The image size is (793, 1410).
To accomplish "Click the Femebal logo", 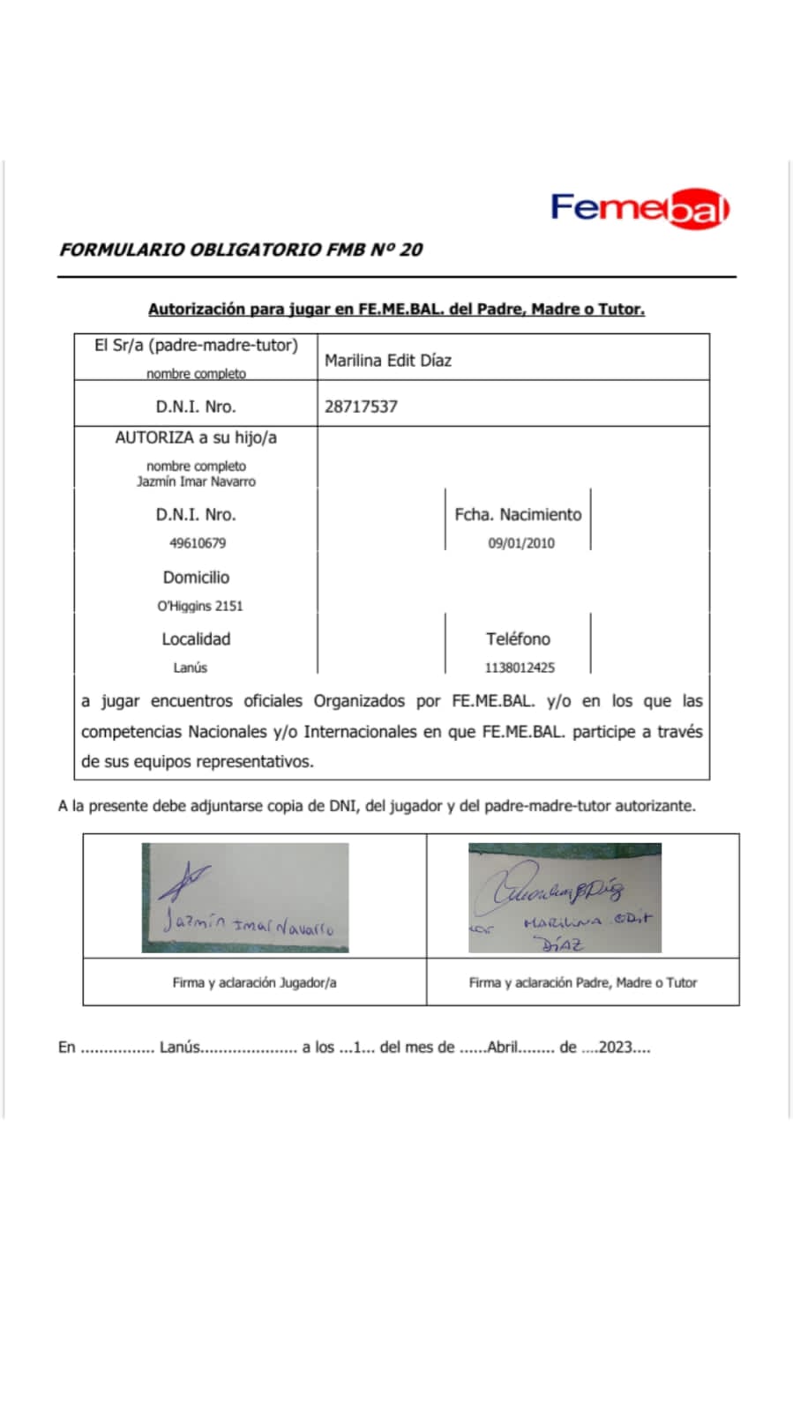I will (x=640, y=209).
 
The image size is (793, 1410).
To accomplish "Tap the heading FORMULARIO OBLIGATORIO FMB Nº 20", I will (x=241, y=250).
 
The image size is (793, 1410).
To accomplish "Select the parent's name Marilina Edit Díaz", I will (x=388, y=360).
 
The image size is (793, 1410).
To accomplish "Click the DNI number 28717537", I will (x=361, y=407).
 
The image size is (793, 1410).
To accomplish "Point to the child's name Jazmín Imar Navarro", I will (x=196, y=481).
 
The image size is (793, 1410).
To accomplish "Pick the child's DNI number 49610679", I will (x=198, y=543).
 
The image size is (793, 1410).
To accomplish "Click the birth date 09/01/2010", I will (x=521, y=543).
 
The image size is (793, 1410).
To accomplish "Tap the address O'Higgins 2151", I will (x=200, y=606).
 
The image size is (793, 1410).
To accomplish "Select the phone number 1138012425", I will (x=520, y=668).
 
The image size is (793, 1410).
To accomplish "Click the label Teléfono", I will (x=518, y=638).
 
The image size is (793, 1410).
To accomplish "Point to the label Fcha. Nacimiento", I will (x=518, y=514).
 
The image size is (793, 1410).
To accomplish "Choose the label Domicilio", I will (x=196, y=577).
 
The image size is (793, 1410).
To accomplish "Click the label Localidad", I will (x=196, y=638).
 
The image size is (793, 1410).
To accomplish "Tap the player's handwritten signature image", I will (x=245, y=898).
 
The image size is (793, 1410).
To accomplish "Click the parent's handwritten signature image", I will (x=565, y=898).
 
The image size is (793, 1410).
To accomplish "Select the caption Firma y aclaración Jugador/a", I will (x=254, y=982).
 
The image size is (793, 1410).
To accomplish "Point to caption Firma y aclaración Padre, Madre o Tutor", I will (x=582, y=982).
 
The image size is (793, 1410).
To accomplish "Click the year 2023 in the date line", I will (x=616, y=1048).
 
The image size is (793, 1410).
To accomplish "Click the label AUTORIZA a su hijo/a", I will (x=196, y=437).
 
